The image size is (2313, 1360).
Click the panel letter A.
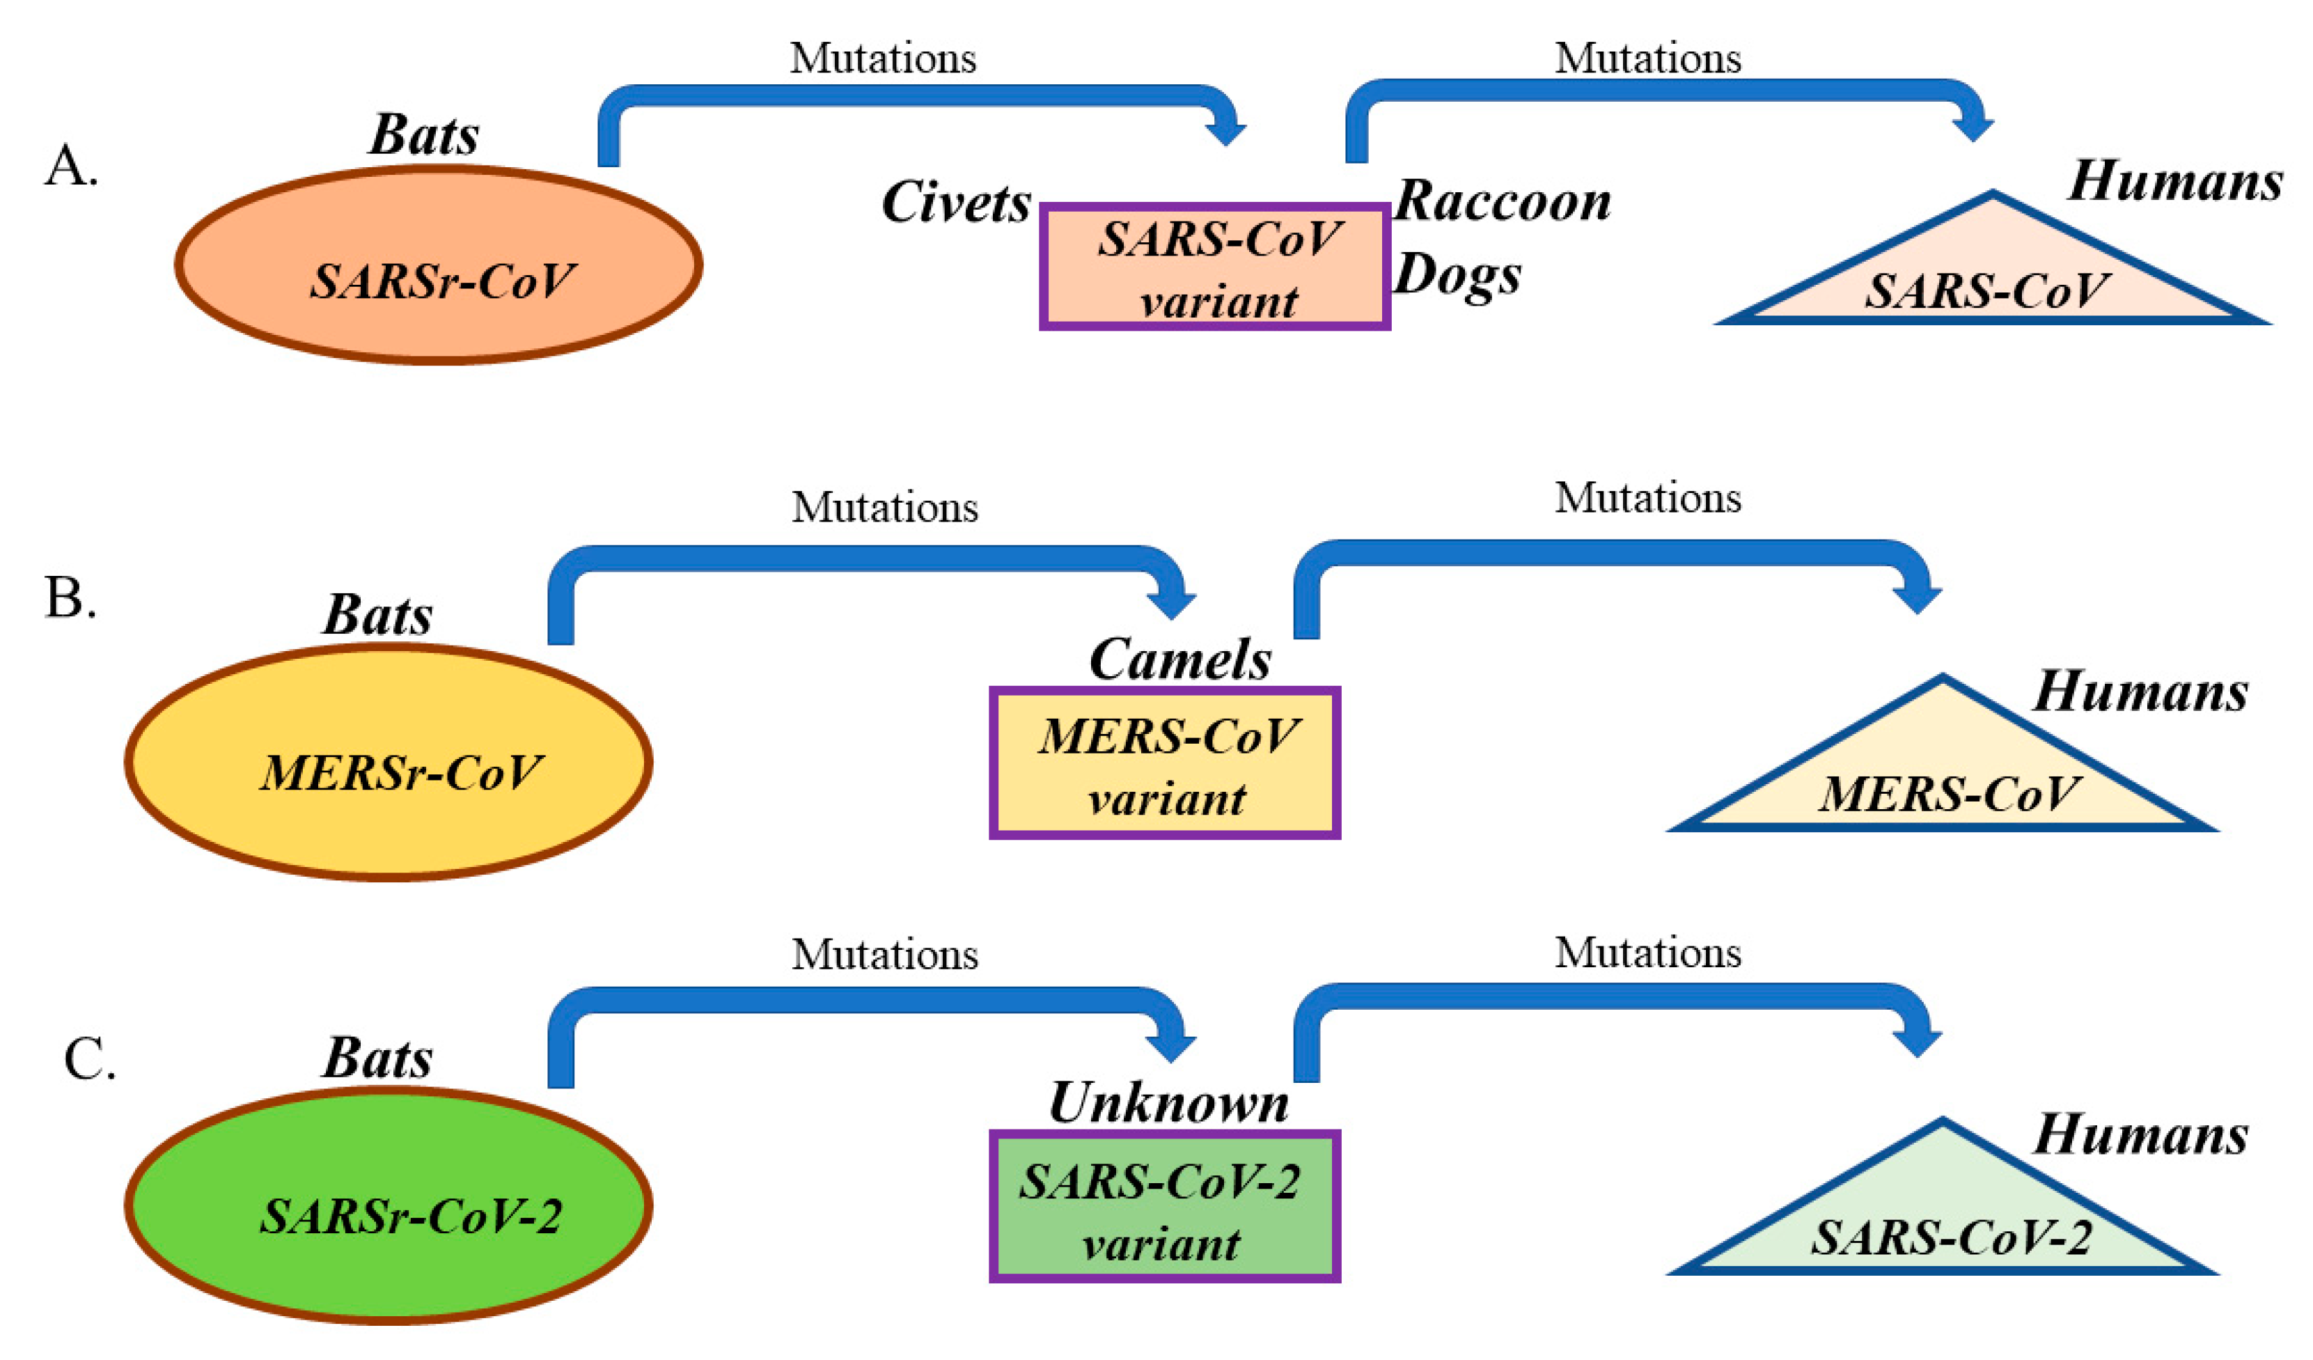point(71,167)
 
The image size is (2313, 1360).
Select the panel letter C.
point(90,1060)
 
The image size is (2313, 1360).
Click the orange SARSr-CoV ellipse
point(439,265)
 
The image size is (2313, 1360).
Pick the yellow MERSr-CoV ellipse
point(389,763)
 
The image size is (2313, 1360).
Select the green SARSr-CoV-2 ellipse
point(389,1207)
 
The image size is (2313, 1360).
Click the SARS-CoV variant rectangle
point(1214,267)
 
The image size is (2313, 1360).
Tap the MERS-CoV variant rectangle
point(1165,763)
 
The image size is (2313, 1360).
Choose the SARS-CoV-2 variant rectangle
point(1165,1207)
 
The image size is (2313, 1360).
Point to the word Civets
point(955,202)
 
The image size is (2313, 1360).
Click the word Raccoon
point(1503,201)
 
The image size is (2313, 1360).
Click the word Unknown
point(1168,1103)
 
